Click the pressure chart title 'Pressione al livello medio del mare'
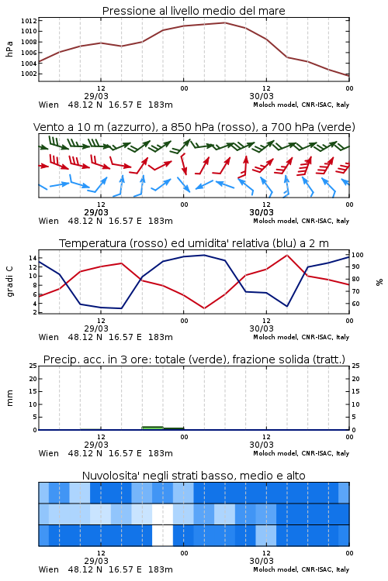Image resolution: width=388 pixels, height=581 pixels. click(193, 11)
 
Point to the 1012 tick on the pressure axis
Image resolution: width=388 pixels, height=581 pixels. click(29, 21)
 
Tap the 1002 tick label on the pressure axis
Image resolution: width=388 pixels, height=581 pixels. click(29, 74)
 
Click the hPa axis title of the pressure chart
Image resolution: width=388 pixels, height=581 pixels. click(9, 49)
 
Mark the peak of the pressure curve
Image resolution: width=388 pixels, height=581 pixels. click(224, 22)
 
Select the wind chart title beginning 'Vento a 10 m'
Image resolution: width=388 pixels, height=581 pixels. click(194, 127)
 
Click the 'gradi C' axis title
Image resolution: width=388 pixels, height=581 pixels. click(9, 281)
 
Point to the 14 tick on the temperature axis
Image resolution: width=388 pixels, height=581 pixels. click(33, 258)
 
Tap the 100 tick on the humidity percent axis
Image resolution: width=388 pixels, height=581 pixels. click(358, 255)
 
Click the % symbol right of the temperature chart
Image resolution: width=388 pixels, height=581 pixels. click(379, 282)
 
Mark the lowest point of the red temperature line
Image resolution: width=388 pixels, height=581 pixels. click(204, 308)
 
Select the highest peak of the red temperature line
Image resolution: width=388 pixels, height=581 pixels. click(287, 255)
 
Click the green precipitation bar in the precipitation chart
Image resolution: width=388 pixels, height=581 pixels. click(153, 428)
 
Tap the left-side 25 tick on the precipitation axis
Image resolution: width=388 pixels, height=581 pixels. click(33, 366)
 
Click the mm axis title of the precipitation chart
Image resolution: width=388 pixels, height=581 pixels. click(9, 398)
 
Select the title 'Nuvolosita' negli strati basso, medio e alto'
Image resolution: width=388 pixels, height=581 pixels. click(193, 476)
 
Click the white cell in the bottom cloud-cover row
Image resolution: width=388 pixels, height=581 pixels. click(163, 535)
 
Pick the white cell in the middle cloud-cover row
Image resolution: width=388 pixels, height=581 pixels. click(163, 514)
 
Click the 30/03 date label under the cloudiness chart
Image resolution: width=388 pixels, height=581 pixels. click(262, 561)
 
